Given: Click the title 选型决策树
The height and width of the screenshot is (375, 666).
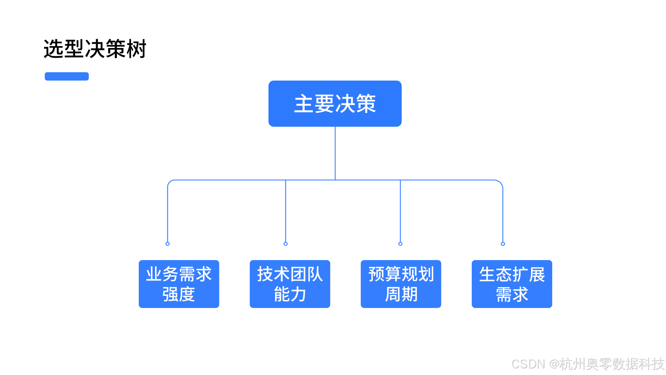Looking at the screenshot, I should pyautogui.click(x=95, y=49).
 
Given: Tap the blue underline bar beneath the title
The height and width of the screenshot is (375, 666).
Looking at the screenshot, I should pyautogui.click(x=67, y=76).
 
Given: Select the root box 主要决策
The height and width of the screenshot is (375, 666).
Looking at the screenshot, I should pyautogui.click(x=335, y=103).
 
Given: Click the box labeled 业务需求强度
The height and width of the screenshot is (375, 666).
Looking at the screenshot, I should pyautogui.click(x=179, y=284).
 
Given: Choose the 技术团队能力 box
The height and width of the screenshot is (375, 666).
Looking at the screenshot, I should pyautogui.click(x=290, y=284).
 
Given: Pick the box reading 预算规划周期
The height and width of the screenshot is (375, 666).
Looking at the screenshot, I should pyautogui.click(x=401, y=284).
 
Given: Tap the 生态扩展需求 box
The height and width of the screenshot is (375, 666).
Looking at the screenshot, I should pyautogui.click(x=512, y=284).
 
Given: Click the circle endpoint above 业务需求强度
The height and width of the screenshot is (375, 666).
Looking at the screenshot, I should pyautogui.click(x=168, y=244).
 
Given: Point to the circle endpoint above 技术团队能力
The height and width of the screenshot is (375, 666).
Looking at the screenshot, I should pyautogui.click(x=285, y=244).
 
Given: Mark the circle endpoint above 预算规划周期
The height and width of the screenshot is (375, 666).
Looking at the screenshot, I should pyautogui.click(x=400, y=244).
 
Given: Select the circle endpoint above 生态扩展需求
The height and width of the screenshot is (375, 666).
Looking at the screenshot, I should pyautogui.click(x=503, y=244).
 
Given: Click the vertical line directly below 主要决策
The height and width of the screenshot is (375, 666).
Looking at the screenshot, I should pyautogui.click(x=335, y=153).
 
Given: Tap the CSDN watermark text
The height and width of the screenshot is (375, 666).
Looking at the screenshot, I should pyautogui.click(x=587, y=364).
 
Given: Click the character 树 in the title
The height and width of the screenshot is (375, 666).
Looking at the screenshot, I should pyautogui.click(x=137, y=49).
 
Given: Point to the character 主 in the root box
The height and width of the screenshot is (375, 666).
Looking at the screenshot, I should pyautogui.click(x=304, y=104).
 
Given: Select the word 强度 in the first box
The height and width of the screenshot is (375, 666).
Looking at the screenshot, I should pyautogui.click(x=179, y=294).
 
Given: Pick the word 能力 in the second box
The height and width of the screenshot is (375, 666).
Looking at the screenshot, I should pyautogui.click(x=290, y=294).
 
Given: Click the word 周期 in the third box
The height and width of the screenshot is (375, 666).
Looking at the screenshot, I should pyautogui.click(x=401, y=294).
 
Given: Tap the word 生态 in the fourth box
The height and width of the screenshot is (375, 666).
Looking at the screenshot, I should pyautogui.click(x=495, y=274).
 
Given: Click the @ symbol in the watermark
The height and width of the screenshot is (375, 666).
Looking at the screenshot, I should pyautogui.click(x=554, y=364).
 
